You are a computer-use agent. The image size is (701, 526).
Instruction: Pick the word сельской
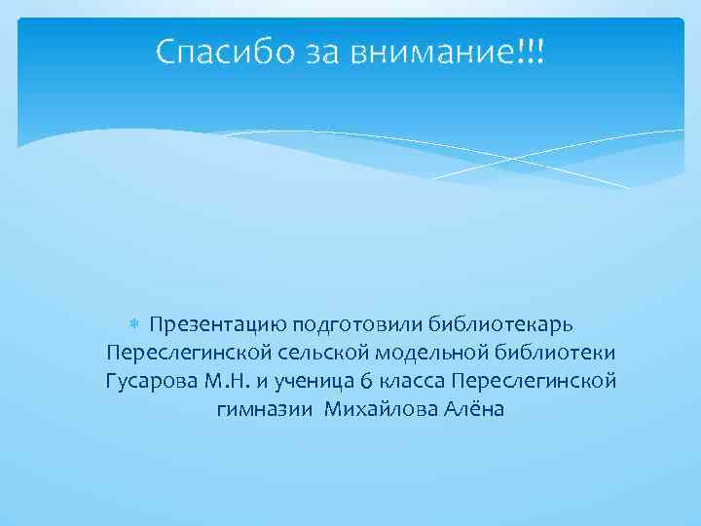coord(314,351)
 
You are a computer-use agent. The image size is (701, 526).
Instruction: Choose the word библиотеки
coord(550,351)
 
